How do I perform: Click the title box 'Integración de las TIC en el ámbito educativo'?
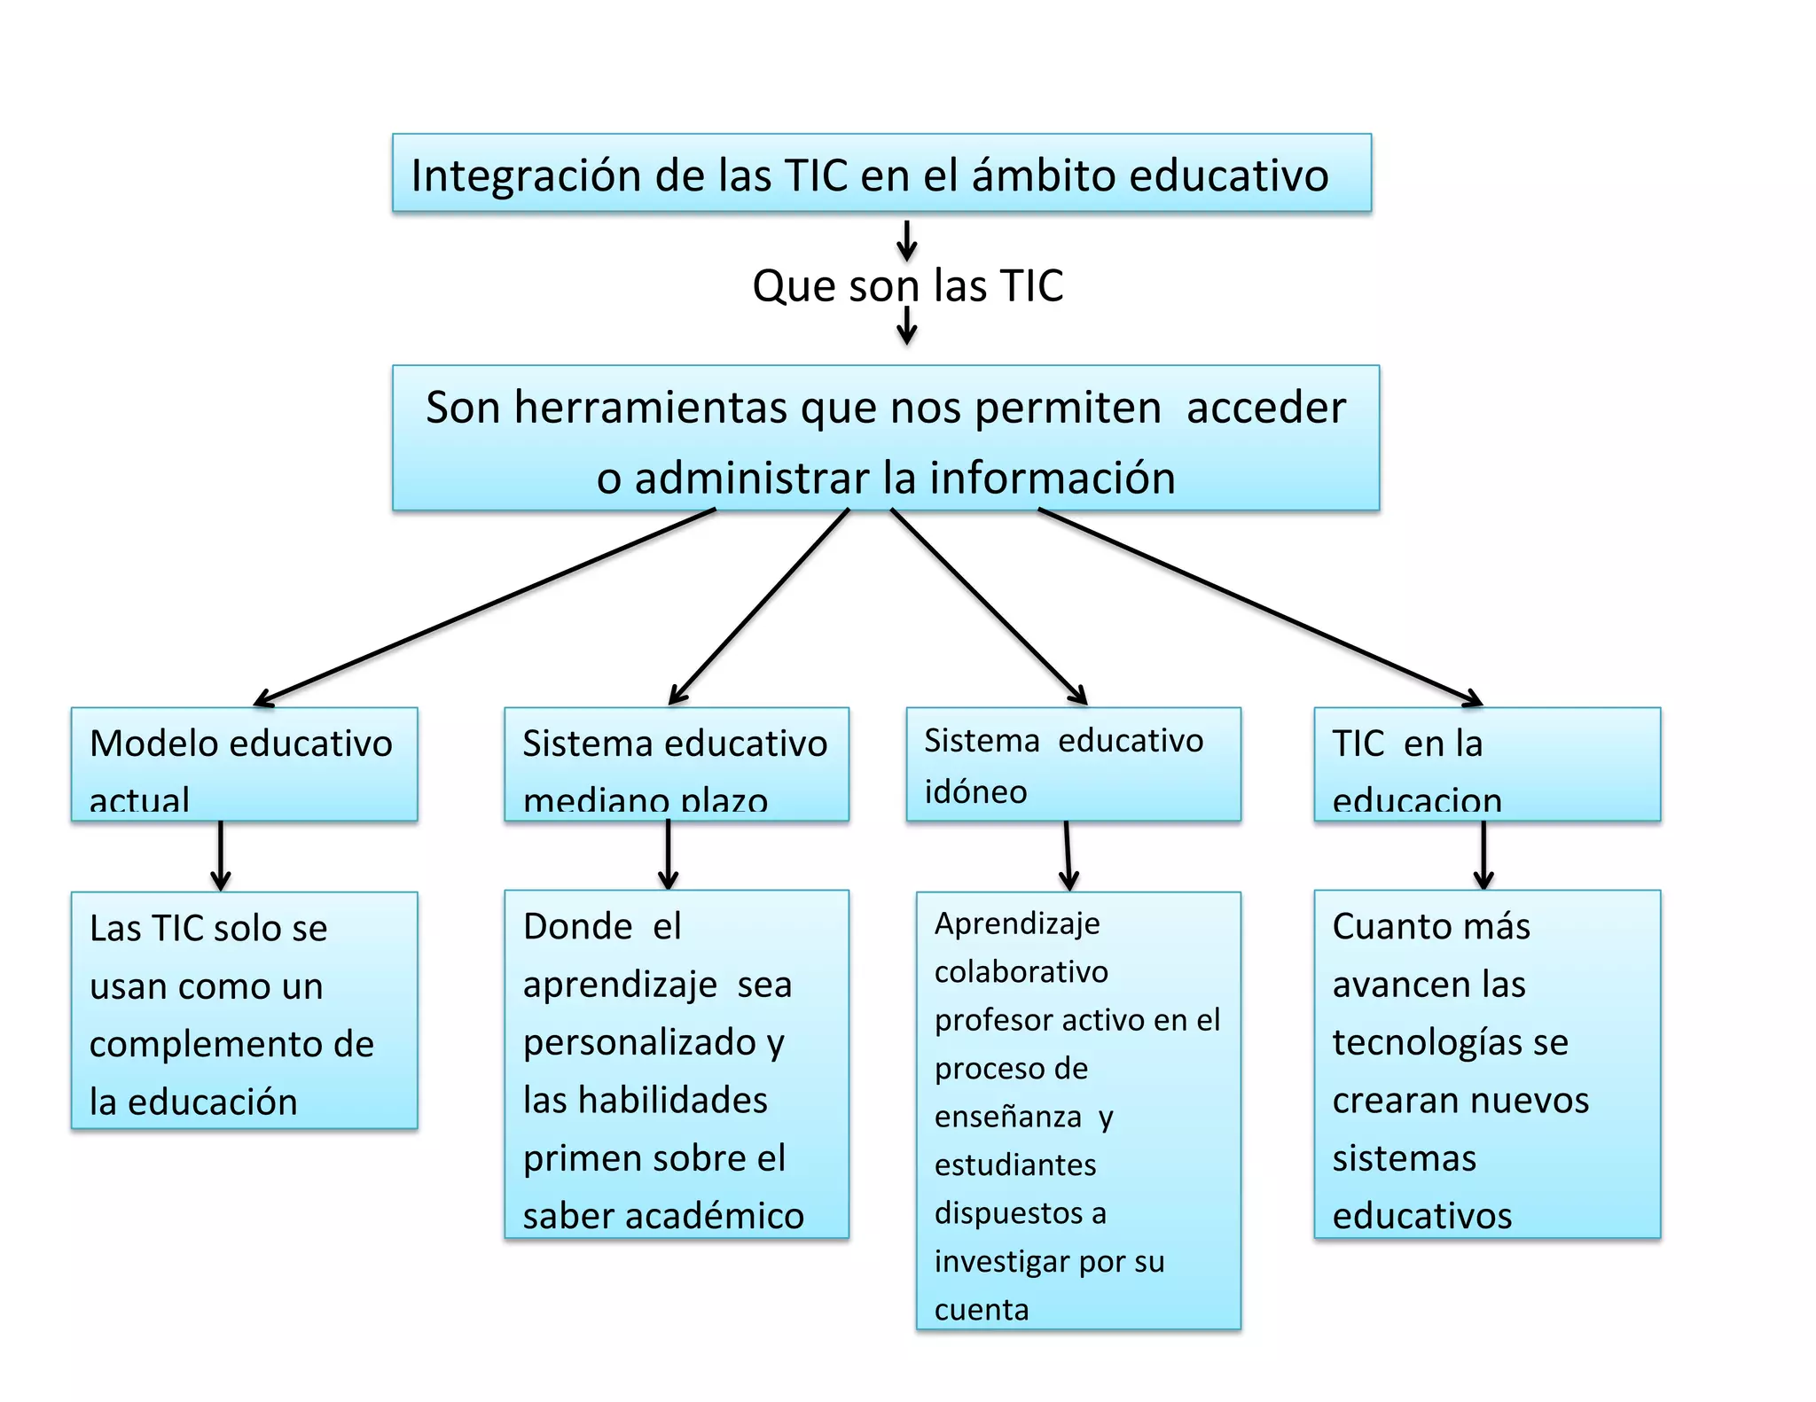(x=881, y=174)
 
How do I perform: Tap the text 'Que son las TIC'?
(x=907, y=286)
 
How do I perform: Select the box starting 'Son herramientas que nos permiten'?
(x=885, y=439)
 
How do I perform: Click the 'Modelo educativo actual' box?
(x=244, y=764)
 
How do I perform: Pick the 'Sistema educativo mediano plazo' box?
(x=676, y=764)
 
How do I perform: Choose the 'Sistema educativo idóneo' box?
(x=1073, y=764)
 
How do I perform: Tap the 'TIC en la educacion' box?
(x=1486, y=764)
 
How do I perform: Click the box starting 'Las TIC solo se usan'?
(x=244, y=1010)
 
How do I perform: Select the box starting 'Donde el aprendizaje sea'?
(x=676, y=1063)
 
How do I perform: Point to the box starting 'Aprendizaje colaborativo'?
(x=1078, y=1110)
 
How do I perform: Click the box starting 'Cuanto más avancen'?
(x=1486, y=1063)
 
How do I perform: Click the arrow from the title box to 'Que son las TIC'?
(x=906, y=239)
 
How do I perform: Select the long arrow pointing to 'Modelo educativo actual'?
(x=483, y=608)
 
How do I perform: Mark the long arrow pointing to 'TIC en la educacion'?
(x=1259, y=608)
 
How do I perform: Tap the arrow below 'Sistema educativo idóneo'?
(x=1068, y=855)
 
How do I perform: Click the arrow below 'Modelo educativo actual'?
(x=221, y=855)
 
